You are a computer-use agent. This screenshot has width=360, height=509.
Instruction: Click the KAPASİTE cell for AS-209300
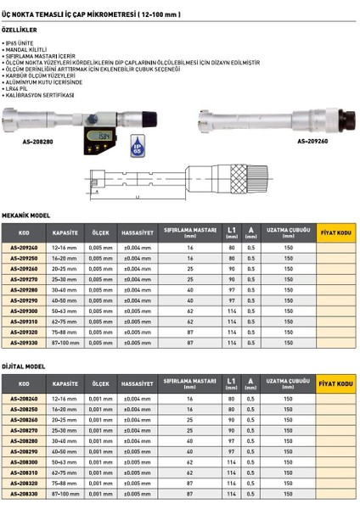(65, 310)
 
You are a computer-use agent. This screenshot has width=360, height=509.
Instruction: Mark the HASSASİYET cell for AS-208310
(138, 472)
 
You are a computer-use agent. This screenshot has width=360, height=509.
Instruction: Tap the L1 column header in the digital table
(232, 382)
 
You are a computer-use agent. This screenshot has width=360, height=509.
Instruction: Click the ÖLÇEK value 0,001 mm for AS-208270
(101, 429)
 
